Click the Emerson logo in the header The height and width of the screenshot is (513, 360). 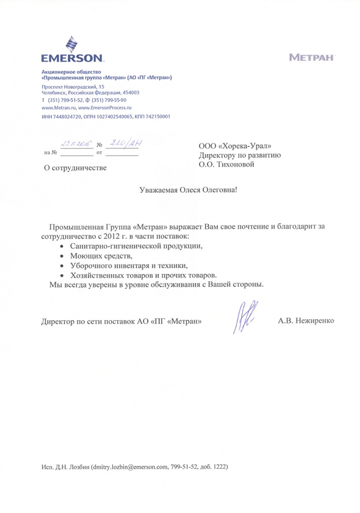(72, 52)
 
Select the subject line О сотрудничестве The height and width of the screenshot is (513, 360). (75, 168)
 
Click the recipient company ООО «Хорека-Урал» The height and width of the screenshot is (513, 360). (235, 146)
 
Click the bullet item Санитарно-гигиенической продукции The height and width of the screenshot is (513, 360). (134, 246)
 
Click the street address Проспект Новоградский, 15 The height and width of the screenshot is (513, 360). (73, 86)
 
